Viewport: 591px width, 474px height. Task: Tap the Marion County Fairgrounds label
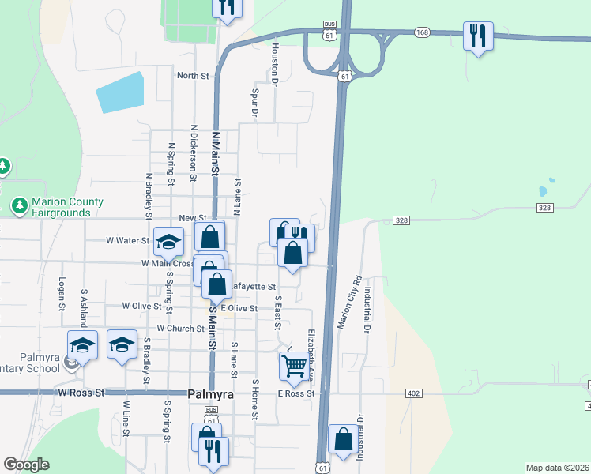(67, 207)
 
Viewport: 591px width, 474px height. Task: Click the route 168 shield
(422, 32)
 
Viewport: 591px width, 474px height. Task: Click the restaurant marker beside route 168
(477, 36)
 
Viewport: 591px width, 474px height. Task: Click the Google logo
(26, 465)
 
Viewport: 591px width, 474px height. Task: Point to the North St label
(193, 77)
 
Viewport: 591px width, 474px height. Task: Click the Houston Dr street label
(274, 63)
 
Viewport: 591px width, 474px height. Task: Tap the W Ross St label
(81, 392)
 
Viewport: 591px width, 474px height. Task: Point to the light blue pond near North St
(121, 92)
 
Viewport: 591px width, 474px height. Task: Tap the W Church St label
(181, 328)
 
